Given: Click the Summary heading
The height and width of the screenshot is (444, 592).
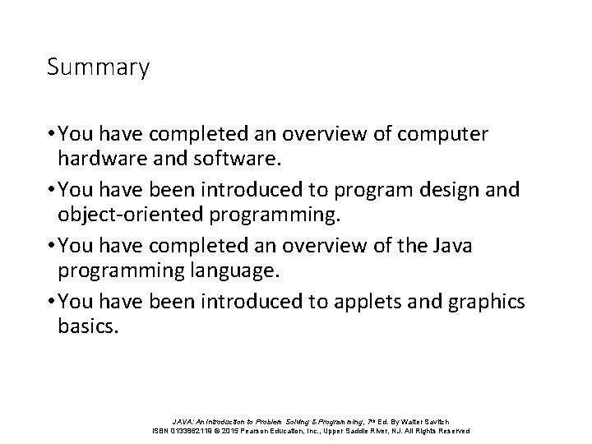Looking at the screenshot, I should coord(98,67).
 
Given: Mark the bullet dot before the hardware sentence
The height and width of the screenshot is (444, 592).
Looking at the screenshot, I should coord(52,132).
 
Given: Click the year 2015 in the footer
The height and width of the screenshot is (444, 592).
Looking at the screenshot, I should coord(230,430).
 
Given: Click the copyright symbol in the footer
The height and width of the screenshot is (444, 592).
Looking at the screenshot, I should coord(215,430).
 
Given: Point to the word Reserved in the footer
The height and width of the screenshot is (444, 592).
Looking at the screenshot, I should coord(451,430).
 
